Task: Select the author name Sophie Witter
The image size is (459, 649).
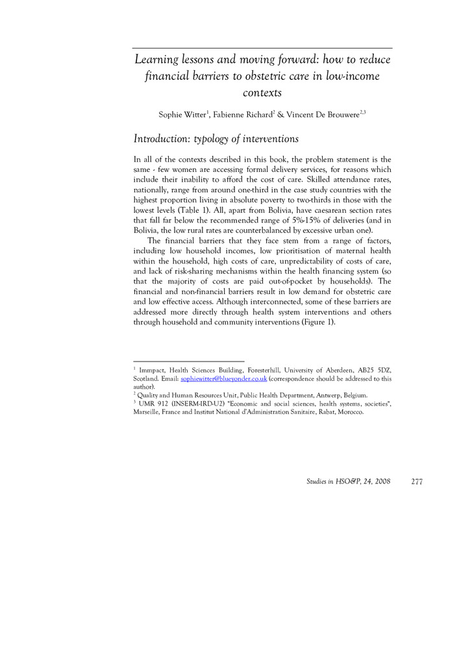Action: tap(182, 115)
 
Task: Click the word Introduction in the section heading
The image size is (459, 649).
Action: tap(161, 139)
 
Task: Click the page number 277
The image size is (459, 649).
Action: tap(417, 482)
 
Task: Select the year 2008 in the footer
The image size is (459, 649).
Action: tap(380, 482)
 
